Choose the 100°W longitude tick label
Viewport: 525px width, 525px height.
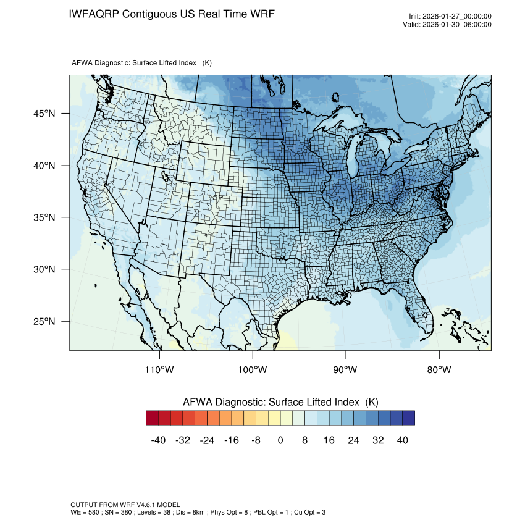pos(253,370)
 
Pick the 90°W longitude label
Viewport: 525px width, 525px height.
pos(345,370)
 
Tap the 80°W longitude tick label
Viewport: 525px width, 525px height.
pos(439,370)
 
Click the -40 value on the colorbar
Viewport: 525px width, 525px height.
pos(159,440)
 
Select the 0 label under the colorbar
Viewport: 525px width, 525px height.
pos(280,440)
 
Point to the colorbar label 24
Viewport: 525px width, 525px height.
pos(353,440)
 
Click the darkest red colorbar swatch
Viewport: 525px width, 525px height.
pos(153,418)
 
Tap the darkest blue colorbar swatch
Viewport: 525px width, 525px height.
pos(408,418)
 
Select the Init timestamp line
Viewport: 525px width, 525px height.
pos(450,17)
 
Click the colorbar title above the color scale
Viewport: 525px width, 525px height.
pos(280,402)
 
